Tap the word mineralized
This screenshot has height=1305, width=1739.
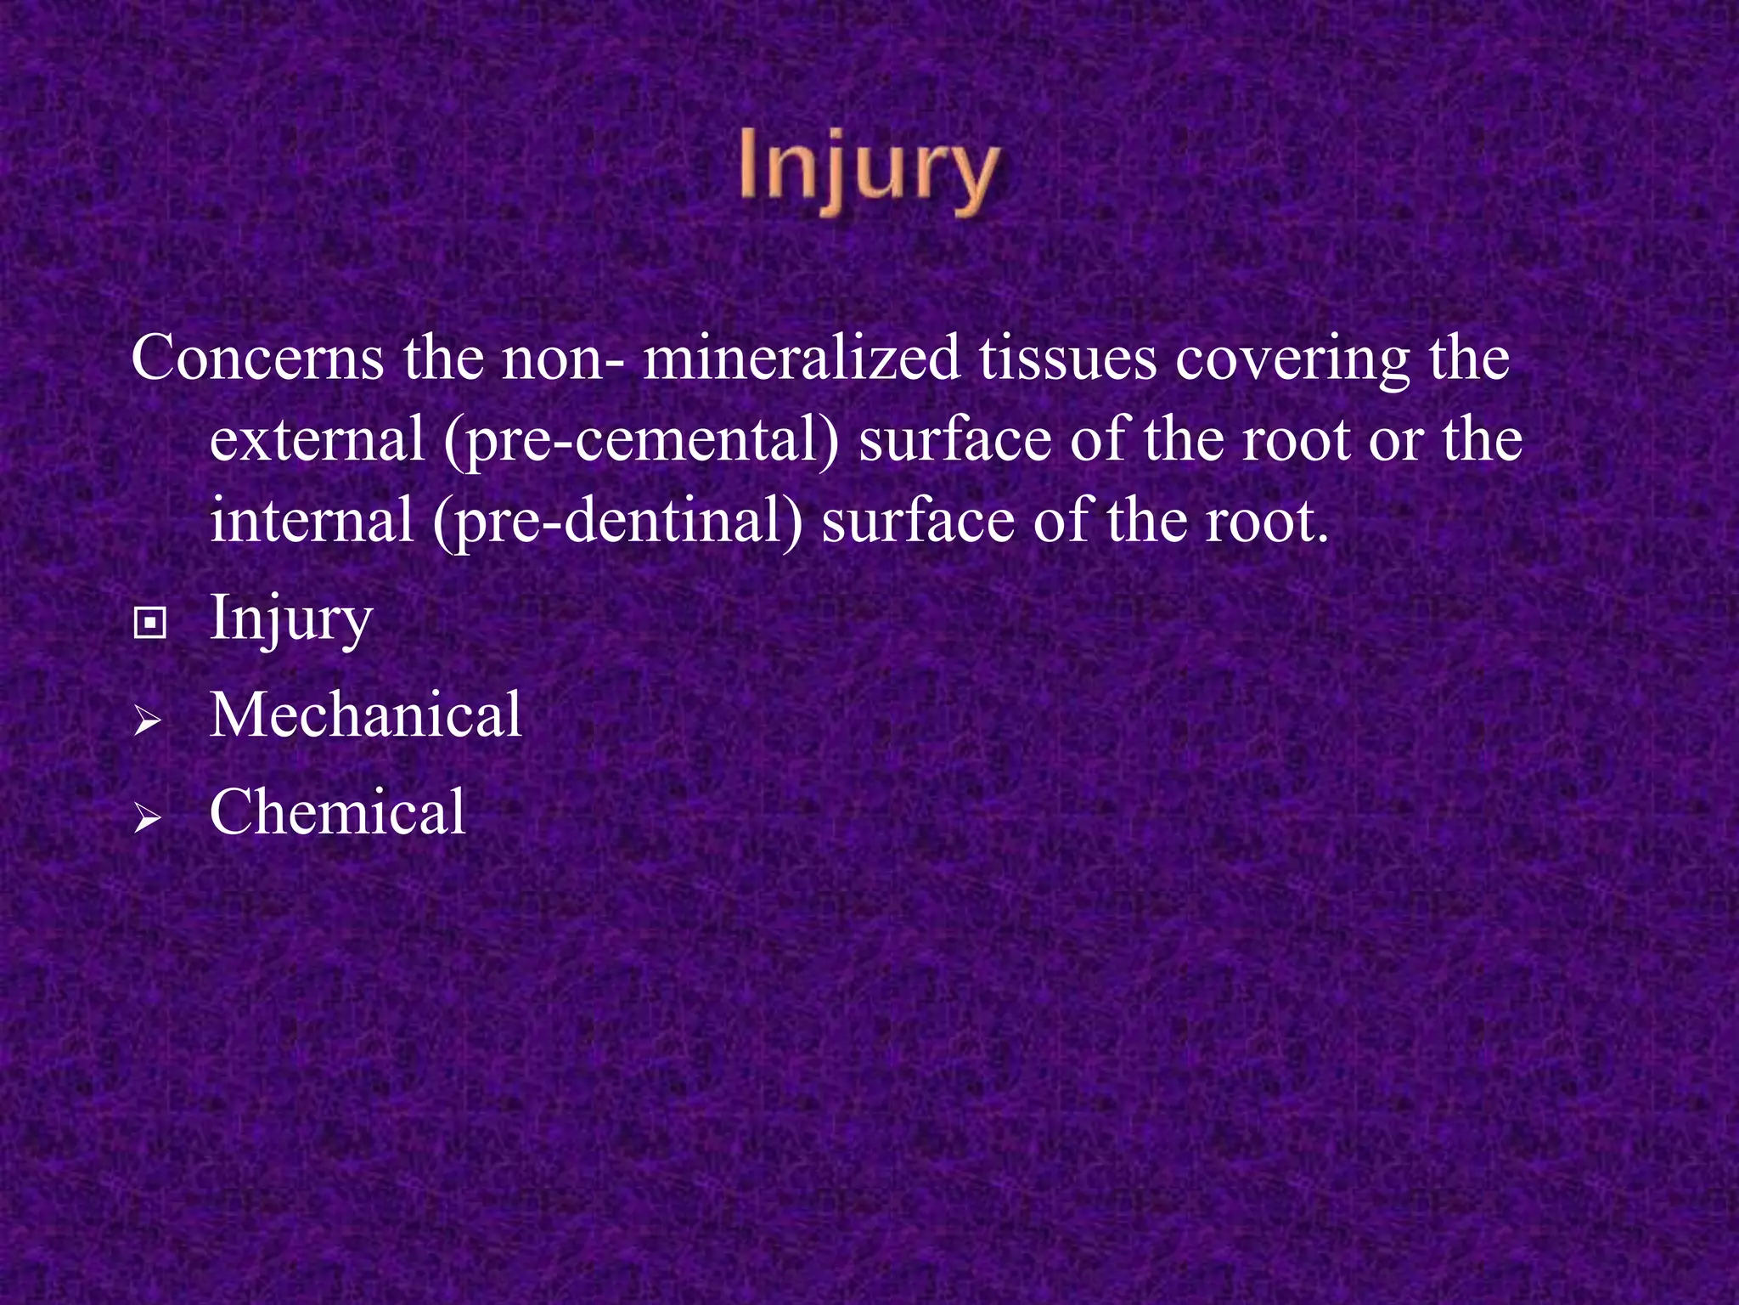tap(802, 359)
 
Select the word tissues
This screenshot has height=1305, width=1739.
tap(1068, 359)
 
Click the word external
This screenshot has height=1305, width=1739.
tap(317, 440)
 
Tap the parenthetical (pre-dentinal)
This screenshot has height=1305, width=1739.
tap(617, 523)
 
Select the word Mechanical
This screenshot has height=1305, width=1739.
tap(366, 715)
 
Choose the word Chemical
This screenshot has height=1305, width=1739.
tap(338, 811)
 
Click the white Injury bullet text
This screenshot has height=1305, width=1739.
tap(291, 619)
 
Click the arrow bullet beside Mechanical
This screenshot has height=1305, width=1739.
tap(148, 723)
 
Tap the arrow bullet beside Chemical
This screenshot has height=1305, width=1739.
tap(148, 819)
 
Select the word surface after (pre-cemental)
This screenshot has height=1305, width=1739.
tap(954, 440)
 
